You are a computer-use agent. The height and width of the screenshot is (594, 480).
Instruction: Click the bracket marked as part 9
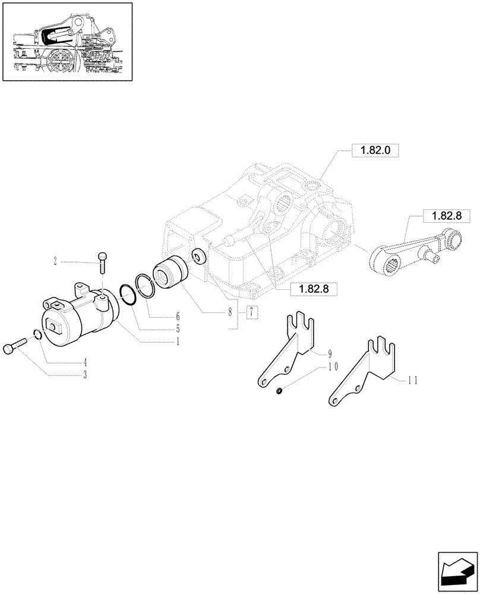point(287,353)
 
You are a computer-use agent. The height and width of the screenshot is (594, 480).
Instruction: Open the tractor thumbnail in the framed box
point(67,42)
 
